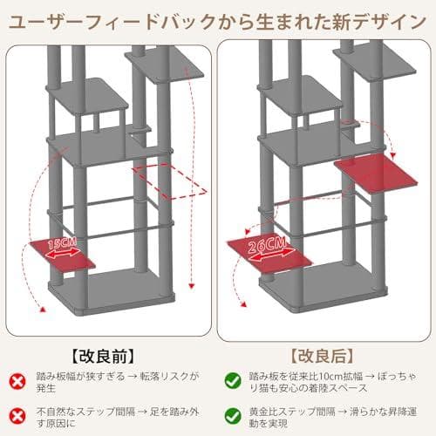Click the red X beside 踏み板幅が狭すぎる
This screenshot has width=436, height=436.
click(x=18, y=380)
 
